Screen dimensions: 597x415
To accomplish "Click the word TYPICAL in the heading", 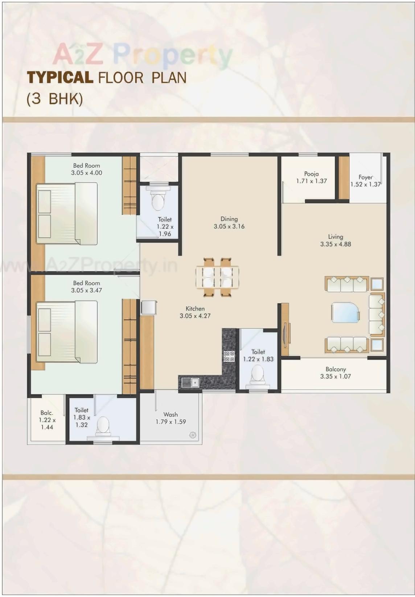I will point(60,78).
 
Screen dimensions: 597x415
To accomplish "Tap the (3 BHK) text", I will point(54,99).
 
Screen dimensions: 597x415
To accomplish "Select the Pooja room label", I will point(311,174).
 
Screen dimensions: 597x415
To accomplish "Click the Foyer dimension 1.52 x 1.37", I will point(365,185).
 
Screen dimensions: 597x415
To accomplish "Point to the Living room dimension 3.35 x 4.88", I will point(336,244).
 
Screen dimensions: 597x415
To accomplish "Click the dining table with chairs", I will point(217,277).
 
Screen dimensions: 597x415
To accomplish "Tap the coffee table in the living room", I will point(345,312).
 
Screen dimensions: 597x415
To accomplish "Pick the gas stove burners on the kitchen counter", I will point(229,356).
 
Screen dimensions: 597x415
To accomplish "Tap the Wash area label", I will point(170,414).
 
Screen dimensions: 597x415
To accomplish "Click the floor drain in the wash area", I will point(193,435).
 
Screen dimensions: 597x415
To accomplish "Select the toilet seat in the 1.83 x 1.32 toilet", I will point(103,424).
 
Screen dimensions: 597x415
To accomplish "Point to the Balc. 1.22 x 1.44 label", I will point(47,420).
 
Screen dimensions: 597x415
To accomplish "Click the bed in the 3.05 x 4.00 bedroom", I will point(67,213).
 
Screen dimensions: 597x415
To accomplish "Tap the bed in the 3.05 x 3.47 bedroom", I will point(67,332).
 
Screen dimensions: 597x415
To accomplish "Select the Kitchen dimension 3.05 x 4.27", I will point(195,316).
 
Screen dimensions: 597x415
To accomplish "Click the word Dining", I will point(229,219).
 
